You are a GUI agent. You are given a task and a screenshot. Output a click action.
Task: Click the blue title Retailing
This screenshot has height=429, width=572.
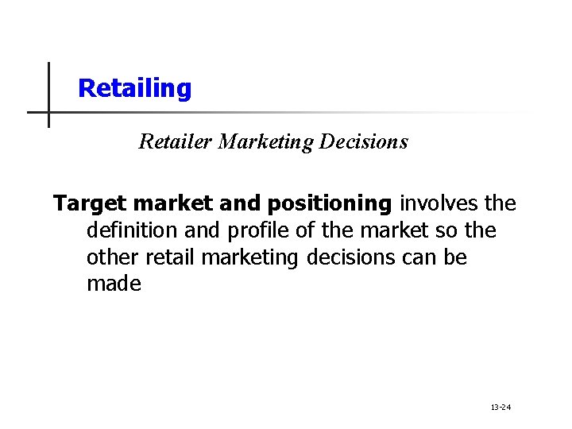click(135, 88)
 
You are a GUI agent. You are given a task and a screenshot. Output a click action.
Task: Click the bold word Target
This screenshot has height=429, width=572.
click(87, 204)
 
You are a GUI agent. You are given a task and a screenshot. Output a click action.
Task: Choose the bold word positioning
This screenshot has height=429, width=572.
click(329, 204)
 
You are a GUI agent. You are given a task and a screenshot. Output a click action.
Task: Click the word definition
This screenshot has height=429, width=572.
click(134, 231)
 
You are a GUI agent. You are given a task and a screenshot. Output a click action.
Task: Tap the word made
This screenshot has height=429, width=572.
click(114, 284)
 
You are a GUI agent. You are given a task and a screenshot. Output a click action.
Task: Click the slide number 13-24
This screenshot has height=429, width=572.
click(500, 408)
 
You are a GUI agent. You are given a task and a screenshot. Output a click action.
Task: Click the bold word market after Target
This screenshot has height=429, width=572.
click(174, 204)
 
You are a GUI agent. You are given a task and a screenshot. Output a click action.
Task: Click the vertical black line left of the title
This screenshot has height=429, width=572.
click(48, 95)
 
